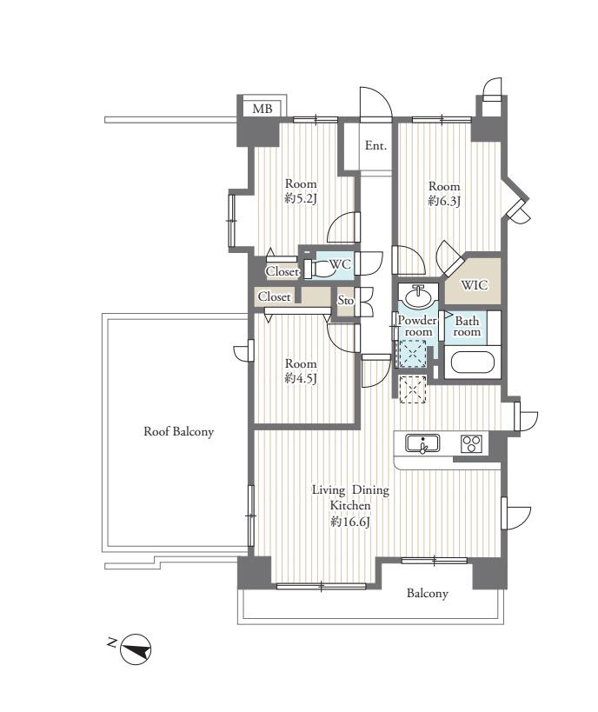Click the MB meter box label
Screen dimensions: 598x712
point(262,109)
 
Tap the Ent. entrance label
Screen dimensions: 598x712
point(376,146)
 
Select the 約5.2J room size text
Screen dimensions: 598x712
point(300,199)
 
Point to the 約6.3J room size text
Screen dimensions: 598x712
point(444,201)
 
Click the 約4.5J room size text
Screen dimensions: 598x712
point(300,378)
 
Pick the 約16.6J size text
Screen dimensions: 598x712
point(350,522)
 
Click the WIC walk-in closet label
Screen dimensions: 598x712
point(475,285)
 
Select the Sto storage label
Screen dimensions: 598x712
point(346,300)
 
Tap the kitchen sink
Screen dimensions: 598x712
point(422,443)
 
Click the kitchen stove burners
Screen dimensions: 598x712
point(471,443)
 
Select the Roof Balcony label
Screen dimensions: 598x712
point(178,431)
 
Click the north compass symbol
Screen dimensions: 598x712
point(136,649)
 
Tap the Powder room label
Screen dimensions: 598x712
point(417,326)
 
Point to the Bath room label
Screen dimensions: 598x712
point(467,327)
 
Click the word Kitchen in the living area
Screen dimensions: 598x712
point(350,505)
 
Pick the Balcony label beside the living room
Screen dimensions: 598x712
point(428,594)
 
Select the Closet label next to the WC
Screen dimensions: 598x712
point(282,271)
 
